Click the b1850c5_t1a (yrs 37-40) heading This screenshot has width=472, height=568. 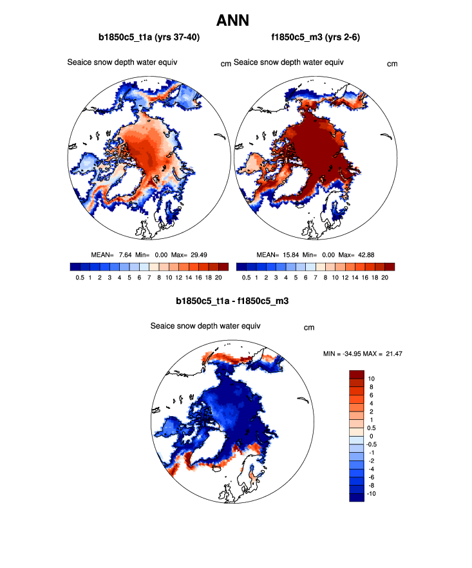pos(149,38)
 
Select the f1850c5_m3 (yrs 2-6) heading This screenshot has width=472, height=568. pos(316,38)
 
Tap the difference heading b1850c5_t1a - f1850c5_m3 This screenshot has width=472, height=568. pos(236,301)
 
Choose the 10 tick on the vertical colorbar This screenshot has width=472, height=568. pos(372,379)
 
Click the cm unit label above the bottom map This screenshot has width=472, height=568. pos(309,328)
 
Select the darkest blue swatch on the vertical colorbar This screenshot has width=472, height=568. pos(357,497)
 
